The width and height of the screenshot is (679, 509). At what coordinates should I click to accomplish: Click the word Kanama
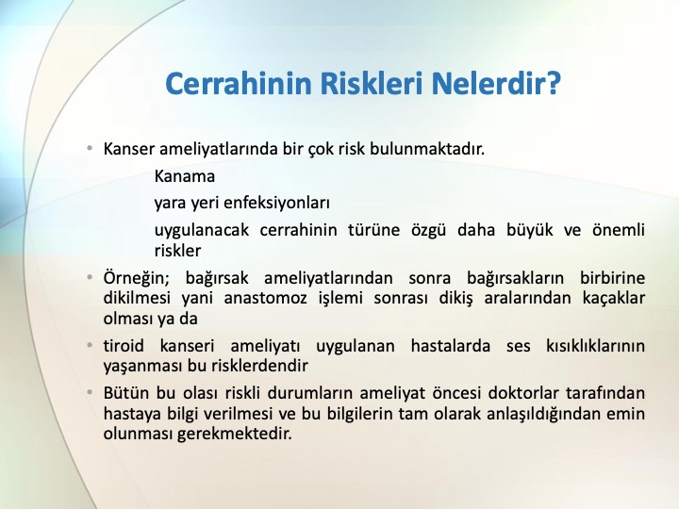185,176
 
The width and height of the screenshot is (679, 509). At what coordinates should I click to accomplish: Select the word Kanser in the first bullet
128,149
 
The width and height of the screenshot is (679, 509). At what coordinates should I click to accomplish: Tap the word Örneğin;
136,278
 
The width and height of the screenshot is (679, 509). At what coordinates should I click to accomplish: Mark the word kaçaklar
614,298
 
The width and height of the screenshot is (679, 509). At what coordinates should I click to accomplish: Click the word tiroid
124,346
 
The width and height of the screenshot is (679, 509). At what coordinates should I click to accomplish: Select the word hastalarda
451,346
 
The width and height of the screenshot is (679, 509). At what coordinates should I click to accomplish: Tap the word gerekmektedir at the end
234,434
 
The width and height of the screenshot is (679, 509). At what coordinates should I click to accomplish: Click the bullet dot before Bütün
91,393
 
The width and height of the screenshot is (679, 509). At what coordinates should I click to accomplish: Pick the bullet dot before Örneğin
91,277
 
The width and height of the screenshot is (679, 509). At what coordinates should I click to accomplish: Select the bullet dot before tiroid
91,346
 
